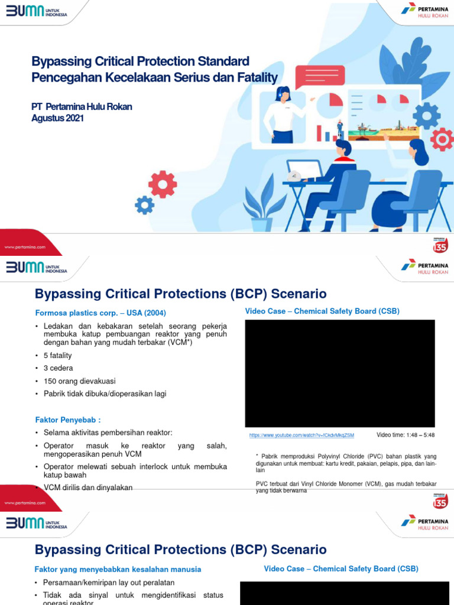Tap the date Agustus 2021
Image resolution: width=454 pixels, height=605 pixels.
tap(57, 118)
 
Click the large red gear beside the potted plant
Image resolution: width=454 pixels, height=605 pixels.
tap(163, 184)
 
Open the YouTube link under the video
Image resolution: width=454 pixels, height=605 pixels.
tap(301, 435)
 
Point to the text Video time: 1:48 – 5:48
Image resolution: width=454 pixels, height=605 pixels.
tap(406, 435)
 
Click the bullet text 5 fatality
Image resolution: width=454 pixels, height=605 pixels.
tap(57, 356)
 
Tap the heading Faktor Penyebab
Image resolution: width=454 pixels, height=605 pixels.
tap(68, 419)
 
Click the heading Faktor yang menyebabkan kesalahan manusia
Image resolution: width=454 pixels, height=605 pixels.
tap(118, 570)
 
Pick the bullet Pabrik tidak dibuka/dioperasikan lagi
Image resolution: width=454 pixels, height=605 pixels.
tap(105, 393)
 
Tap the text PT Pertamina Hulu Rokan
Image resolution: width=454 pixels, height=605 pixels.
tap(82, 107)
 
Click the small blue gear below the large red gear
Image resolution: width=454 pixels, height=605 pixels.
tap(145, 205)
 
